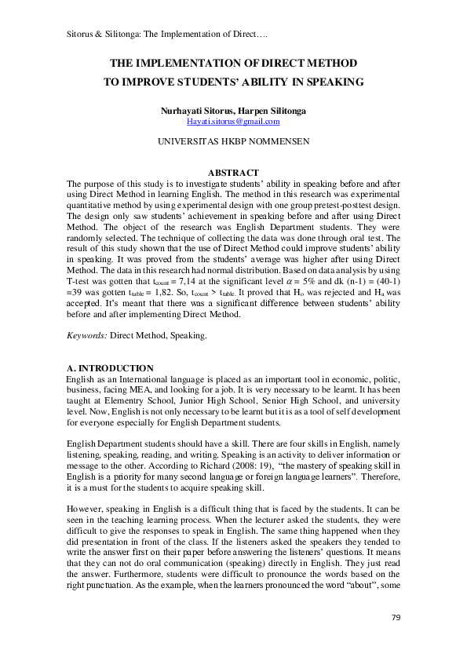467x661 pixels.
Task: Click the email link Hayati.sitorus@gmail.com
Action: tap(233, 122)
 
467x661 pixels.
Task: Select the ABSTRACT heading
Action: tap(233, 173)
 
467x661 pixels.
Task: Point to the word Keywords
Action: tap(86, 336)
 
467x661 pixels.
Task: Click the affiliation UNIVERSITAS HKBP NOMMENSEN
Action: tap(233, 142)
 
